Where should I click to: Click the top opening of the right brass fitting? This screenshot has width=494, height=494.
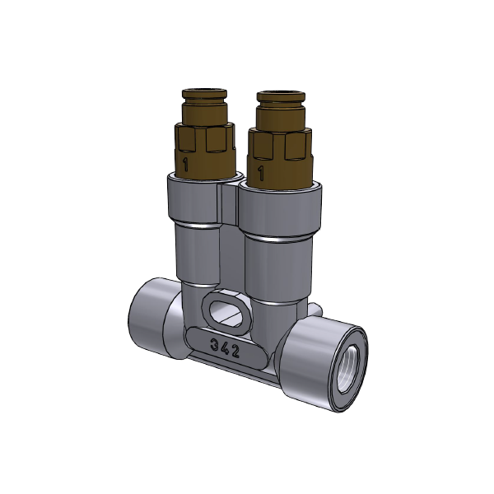coord(282,96)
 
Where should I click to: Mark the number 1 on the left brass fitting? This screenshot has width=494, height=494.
coord(188,165)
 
